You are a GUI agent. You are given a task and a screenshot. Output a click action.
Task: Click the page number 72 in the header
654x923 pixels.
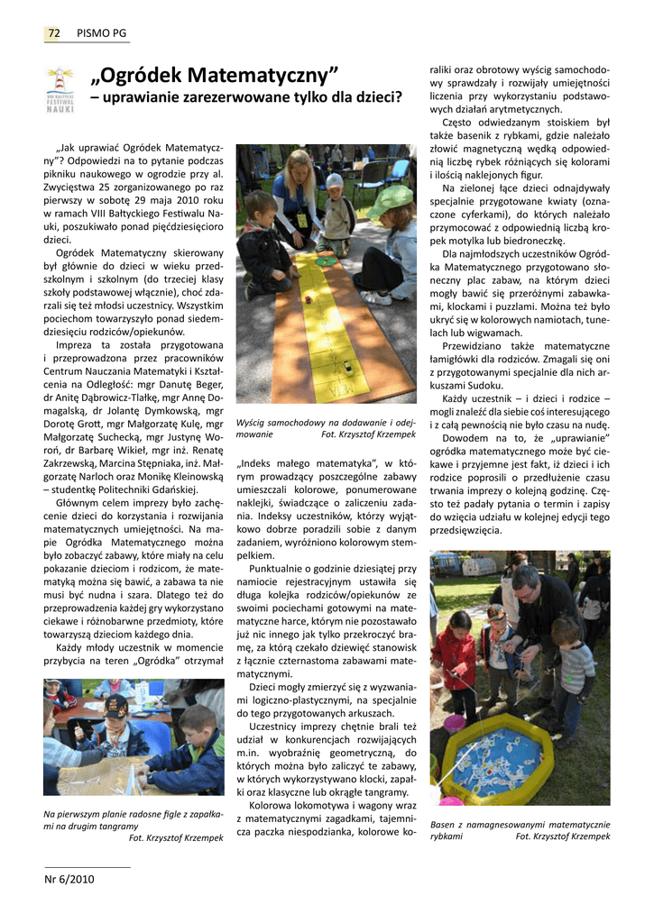[x=53, y=33]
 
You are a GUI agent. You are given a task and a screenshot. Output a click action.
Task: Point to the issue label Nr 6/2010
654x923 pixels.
[x=69, y=879]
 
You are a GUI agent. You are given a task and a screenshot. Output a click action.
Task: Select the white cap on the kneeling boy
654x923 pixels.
[x=335, y=180]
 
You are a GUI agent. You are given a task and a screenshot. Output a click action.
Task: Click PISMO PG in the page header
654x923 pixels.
[x=101, y=33]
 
